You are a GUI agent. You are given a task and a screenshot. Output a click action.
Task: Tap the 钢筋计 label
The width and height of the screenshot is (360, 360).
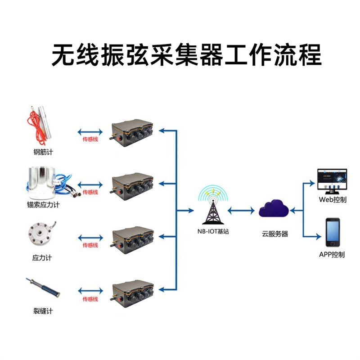tap(43, 152)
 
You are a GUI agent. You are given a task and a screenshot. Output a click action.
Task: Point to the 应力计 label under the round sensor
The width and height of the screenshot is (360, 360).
tap(43, 258)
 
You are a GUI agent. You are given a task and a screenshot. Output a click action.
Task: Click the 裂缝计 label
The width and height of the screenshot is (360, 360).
tap(43, 311)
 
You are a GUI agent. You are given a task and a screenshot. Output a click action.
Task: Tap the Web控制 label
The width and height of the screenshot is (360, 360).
tap(333, 200)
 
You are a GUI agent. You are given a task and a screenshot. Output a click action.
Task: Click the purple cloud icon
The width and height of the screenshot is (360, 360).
tap(274, 210)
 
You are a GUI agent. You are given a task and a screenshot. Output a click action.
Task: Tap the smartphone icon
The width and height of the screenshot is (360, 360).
tap(333, 232)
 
